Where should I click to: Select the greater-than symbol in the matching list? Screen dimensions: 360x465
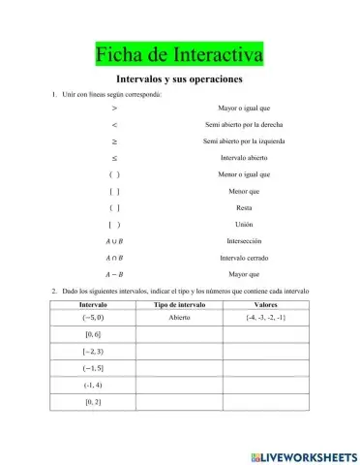click(x=114, y=108)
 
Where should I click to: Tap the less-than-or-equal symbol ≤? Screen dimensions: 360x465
click(x=114, y=158)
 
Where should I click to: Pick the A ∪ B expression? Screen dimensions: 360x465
click(x=114, y=242)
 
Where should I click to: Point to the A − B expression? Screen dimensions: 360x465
click(x=114, y=274)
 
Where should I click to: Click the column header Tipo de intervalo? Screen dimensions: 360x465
click(x=179, y=304)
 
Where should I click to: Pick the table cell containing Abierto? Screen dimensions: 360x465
click(x=179, y=317)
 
